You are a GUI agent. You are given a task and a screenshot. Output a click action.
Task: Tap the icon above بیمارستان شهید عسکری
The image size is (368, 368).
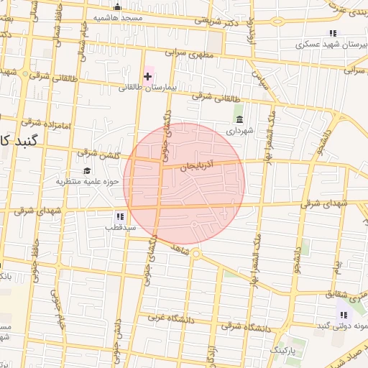tap(333, 33)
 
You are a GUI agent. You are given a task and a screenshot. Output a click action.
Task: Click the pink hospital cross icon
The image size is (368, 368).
tap(148, 76)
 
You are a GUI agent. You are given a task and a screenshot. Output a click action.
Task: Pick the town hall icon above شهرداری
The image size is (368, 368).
tap(239, 119)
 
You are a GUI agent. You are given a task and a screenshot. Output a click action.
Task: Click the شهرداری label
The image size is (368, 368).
tap(240, 131)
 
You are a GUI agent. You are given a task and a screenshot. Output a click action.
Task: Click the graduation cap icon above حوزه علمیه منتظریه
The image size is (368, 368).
tap(87, 171)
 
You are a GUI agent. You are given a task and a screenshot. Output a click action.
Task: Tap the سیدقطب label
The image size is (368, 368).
tap(121, 228)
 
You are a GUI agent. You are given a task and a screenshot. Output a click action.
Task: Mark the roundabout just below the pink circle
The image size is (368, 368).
tap(196, 254)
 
